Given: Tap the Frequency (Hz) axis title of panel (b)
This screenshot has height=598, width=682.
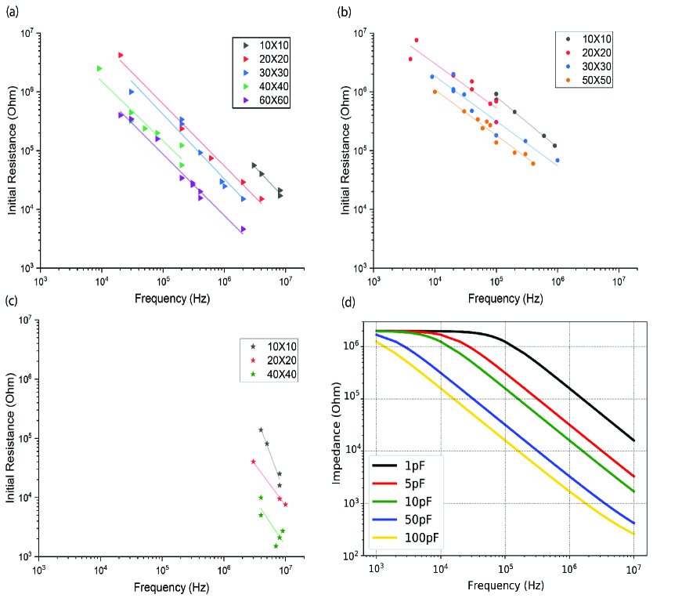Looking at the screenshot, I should pyautogui.click(x=496, y=299).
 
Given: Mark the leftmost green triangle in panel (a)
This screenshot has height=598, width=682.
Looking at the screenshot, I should pyautogui.click(x=99, y=69).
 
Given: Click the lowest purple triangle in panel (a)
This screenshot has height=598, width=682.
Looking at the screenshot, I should pyautogui.click(x=244, y=229).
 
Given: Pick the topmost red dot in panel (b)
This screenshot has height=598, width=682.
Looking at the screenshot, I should pyautogui.click(x=417, y=40).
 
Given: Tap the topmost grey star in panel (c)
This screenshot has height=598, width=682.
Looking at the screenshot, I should pyautogui.click(x=261, y=429).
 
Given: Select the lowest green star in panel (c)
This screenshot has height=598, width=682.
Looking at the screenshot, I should pyautogui.click(x=276, y=545).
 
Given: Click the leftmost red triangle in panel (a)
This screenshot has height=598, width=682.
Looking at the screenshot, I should pyautogui.click(x=121, y=55).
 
